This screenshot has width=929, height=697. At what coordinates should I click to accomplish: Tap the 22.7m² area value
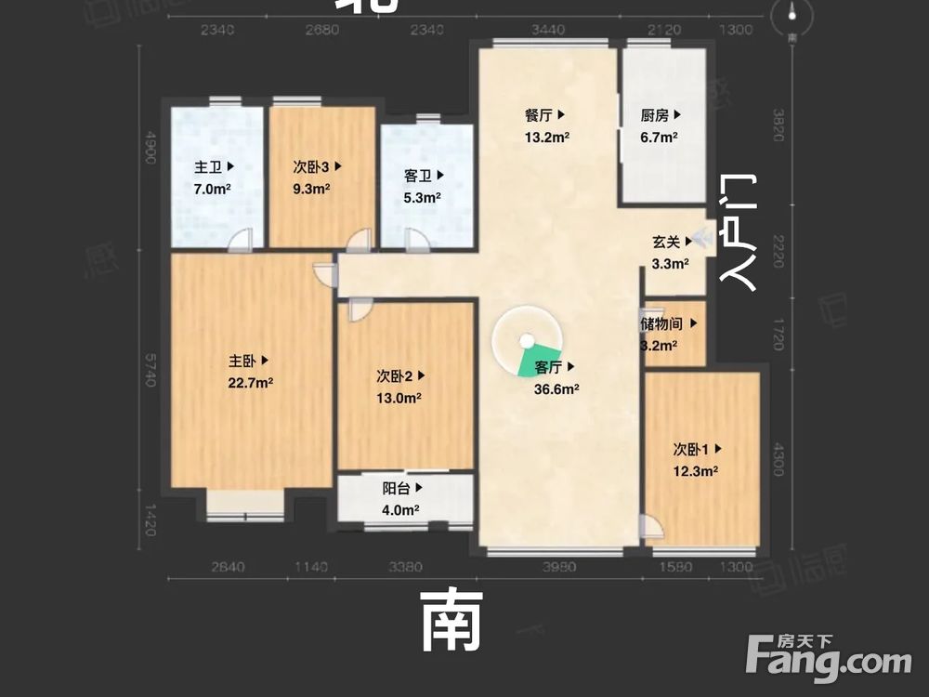click(251, 383)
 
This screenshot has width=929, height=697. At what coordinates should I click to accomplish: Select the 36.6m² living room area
click(557, 389)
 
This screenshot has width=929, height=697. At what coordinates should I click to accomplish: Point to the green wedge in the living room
click(533, 363)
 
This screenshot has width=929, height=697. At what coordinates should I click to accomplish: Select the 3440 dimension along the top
click(547, 31)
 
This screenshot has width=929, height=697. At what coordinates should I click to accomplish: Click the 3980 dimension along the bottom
click(559, 567)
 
